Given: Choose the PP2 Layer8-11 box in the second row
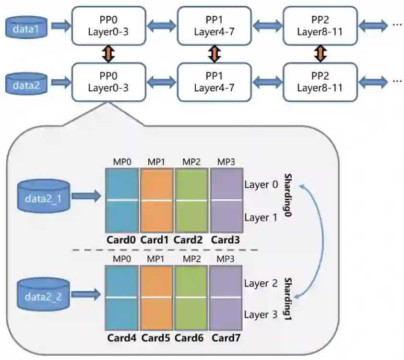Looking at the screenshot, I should coord(320,82).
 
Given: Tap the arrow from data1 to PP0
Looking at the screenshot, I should coord(60,27).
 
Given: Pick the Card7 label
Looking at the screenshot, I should coord(226,337).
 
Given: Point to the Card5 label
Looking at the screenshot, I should coord(156,337).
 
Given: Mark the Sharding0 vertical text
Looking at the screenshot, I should coord(287,196).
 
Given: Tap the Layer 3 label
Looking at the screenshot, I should coord(261,314).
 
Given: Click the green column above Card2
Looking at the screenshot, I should coord(191,200).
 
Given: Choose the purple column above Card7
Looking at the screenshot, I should coord(226,298).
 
